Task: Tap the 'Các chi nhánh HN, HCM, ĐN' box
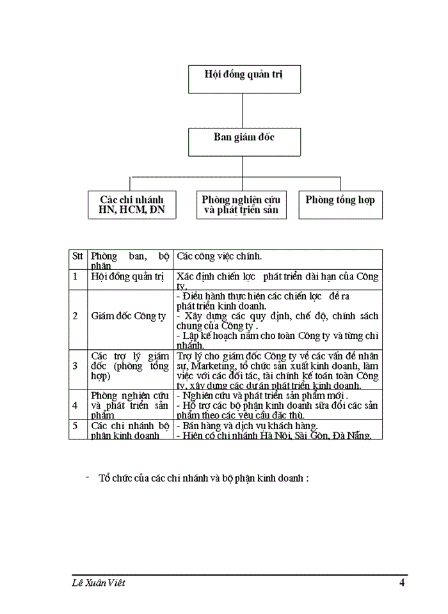(131, 205)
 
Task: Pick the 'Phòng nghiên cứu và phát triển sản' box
(240, 205)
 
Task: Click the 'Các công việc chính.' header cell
(220, 256)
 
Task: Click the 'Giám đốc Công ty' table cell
(129, 316)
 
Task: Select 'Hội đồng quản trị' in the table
(128, 277)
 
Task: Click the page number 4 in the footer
(401, 583)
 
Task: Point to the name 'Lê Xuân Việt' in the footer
(99, 583)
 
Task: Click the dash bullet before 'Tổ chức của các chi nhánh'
(87, 477)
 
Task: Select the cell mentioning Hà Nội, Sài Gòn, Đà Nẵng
(278, 430)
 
